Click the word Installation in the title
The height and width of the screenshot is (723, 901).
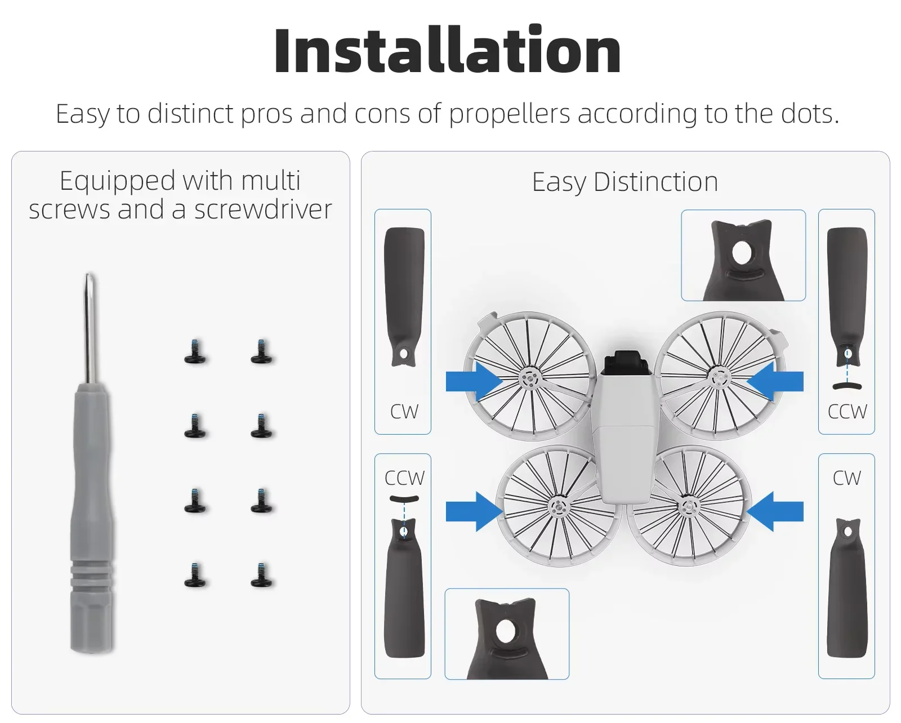(447, 50)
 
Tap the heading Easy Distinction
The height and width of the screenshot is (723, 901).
(625, 182)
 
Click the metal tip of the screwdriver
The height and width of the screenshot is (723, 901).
(89, 276)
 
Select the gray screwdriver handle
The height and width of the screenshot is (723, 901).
(92, 519)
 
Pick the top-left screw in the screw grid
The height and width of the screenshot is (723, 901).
(195, 351)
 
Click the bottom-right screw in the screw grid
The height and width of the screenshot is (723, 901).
(262, 574)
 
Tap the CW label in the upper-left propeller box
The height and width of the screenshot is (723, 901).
(404, 412)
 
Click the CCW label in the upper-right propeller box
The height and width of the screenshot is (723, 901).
(847, 412)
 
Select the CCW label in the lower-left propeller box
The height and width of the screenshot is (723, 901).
(404, 477)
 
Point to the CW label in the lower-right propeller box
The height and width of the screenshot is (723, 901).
(846, 477)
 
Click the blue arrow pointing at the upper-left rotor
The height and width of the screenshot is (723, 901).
(474, 381)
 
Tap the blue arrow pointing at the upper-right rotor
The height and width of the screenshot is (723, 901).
(774, 381)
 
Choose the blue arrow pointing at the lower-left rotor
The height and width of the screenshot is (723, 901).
(474, 511)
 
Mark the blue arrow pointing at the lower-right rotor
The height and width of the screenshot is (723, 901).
(774, 511)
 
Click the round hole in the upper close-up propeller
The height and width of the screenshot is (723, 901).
(742, 253)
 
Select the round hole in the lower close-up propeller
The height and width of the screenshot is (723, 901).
(505, 631)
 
